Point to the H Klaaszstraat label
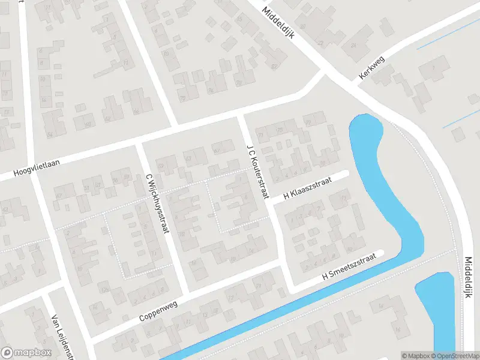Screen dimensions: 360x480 coord(308,188)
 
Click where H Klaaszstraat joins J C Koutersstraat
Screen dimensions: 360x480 coord(271,203)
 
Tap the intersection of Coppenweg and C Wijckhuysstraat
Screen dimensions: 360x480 coord(182,293)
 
